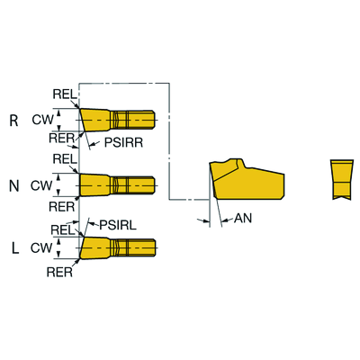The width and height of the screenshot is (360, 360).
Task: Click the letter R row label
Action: pyautogui.click(x=13, y=121)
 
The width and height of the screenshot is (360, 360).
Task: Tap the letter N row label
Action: pyautogui.click(x=14, y=186)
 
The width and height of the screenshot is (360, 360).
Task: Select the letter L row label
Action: pyautogui.click(x=15, y=247)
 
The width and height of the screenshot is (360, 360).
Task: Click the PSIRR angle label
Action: pyautogui.click(x=123, y=142)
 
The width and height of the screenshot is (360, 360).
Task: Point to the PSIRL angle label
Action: pyautogui.click(x=118, y=225)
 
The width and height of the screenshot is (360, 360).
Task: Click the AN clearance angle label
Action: pyautogui.click(x=243, y=219)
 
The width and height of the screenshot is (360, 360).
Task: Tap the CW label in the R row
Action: pyautogui.click(x=42, y=120)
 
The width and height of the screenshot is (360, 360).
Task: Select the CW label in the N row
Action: pyautogui.click(x=41, y=185)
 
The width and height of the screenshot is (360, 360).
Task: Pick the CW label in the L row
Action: pyautogui.click(x=41, y=247)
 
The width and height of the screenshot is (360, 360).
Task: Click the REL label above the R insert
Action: pyautogui.click(x=65, y=94)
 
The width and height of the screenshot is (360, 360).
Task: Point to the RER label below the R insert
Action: pyautogui.click(x=62, y=139)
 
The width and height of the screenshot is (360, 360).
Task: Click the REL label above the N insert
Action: pyautogui.click(x=65, y=159)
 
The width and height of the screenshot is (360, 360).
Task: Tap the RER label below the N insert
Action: pyautogui.click(x=62, y=207)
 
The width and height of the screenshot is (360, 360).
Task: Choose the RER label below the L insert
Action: pyautogui.click(x=59, y=272)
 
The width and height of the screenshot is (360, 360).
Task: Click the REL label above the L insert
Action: pyautogui.click(x=63, y=230)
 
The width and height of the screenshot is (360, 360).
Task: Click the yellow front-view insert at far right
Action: pyautogui.click(x=341, y=179)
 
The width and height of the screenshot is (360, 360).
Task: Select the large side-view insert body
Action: pyautogui.click(x=247, y=179)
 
